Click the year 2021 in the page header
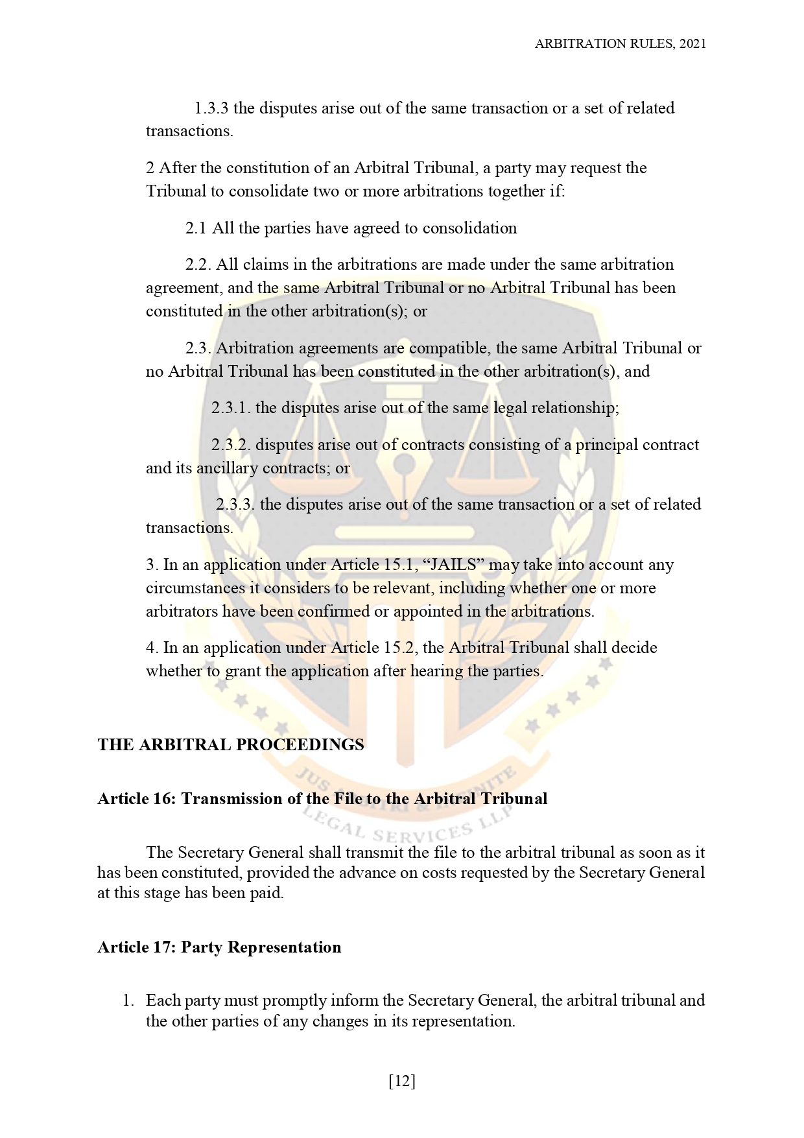click(693, 43)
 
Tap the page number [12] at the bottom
click(402, 1081)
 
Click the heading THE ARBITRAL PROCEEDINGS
click(231, 744)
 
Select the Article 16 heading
click(322, 798)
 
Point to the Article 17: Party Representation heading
click(219, 947)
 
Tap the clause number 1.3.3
click(211, 108)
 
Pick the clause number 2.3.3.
click(235, 504)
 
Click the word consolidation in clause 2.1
click(469, 228)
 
